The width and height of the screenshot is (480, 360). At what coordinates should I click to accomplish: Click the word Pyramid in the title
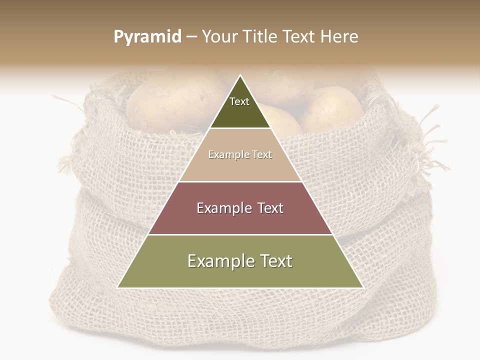click(147, 37)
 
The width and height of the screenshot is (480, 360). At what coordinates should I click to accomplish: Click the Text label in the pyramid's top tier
click(239, 102)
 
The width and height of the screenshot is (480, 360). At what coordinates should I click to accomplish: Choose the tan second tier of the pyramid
click(240, 165)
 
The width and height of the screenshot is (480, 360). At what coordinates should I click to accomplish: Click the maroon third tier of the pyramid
click(240, 220)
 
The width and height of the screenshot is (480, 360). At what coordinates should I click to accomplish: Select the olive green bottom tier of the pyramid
click(240, 275)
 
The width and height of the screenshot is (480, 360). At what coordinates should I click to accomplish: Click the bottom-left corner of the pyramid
click(118, 287)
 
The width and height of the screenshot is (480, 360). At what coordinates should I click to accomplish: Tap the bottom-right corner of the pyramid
click(362, 287)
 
